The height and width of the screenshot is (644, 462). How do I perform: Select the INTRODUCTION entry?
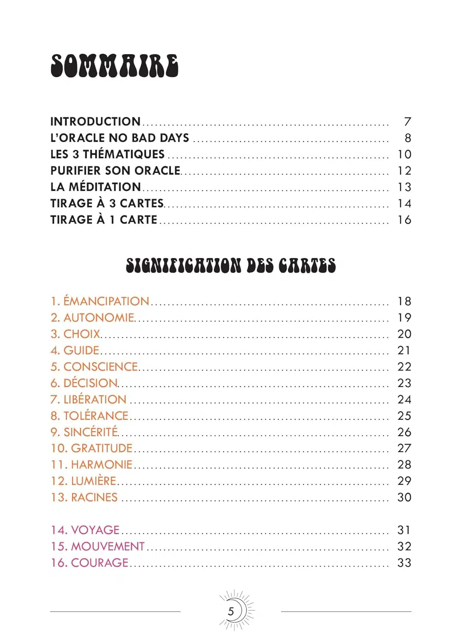(x=95, y=122)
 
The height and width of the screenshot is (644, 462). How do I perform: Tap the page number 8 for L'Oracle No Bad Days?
(x=408, y=138)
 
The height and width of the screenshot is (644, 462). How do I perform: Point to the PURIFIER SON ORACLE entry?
(x=115, y=170)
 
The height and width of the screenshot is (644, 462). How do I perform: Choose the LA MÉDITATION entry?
(x=95, y=187)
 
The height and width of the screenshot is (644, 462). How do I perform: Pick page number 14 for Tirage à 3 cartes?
(x=404, y=204)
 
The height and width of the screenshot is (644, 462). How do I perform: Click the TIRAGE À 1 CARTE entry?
(x=104, y=220)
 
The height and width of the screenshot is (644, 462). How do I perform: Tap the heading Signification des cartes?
(x=231, y=265)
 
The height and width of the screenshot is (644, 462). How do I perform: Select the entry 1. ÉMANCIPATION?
(x=100, y=301)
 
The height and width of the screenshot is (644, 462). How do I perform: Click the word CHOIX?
(x=82, y=334)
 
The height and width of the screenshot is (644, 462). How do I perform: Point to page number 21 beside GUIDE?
(x=404, y=350)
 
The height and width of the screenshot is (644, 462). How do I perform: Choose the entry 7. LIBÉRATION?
(x=88, y=399)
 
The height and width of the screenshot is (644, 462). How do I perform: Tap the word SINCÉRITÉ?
(x=90, y=432)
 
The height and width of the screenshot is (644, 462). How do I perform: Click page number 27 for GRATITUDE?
(x=404, y=448)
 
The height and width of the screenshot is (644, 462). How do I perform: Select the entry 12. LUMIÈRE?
(x=84, y=481)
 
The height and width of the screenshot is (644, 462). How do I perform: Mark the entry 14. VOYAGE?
(x=85, y=530)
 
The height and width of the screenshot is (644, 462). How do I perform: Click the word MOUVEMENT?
(x=108, y=546)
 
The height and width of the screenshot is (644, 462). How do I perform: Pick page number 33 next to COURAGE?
(x=404, y=562)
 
